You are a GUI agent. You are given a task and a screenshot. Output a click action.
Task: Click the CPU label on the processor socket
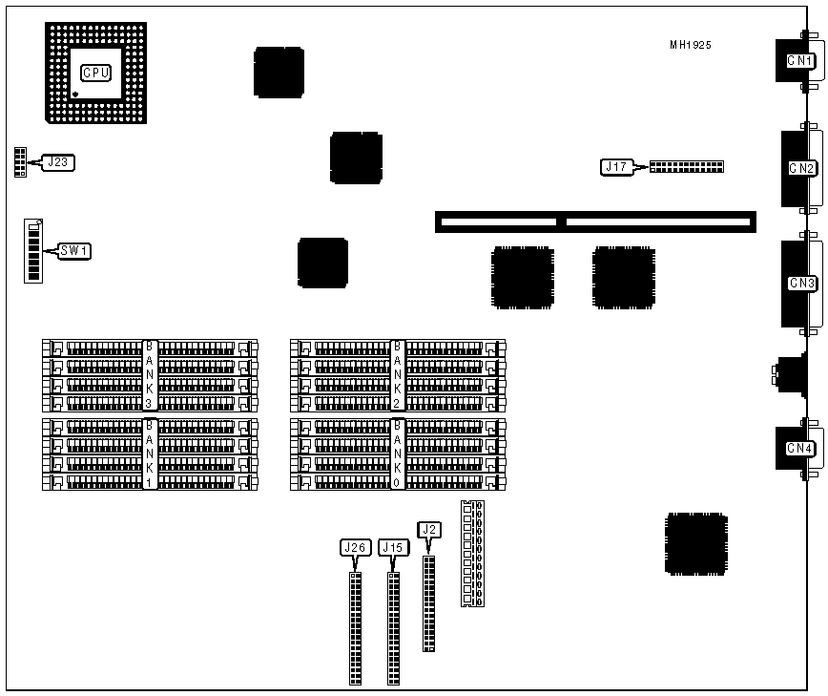click(95, 73)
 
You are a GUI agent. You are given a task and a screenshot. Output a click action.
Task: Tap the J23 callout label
click(58, 162)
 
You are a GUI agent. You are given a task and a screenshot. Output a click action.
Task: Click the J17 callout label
click(615, 167)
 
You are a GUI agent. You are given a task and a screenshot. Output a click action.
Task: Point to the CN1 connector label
click(799, 61)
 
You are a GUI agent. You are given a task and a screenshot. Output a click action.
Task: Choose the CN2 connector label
click(801, 168)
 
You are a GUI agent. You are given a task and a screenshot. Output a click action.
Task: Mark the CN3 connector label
click(801, 283)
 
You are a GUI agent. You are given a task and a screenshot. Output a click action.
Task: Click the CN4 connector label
click(799, 449)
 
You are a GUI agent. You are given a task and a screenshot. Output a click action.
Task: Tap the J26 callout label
click(355, 547)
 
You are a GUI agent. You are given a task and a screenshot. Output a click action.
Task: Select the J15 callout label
click(393, 547)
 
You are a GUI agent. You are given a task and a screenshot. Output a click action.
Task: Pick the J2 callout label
click(429, 529)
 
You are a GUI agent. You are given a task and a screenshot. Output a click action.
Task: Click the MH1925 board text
click(690, 45)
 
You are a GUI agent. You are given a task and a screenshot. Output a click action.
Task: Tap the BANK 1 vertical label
click(149, 454)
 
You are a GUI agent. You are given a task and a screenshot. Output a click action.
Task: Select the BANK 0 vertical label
click(398, 454)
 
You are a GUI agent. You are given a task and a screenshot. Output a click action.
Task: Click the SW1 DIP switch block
click(34, 251)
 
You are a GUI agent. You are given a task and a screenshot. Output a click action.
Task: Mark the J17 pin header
click(686, 166)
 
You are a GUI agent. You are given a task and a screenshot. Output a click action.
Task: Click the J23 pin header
click(19, 162)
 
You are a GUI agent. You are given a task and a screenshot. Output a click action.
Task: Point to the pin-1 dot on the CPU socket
click(76, 94)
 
